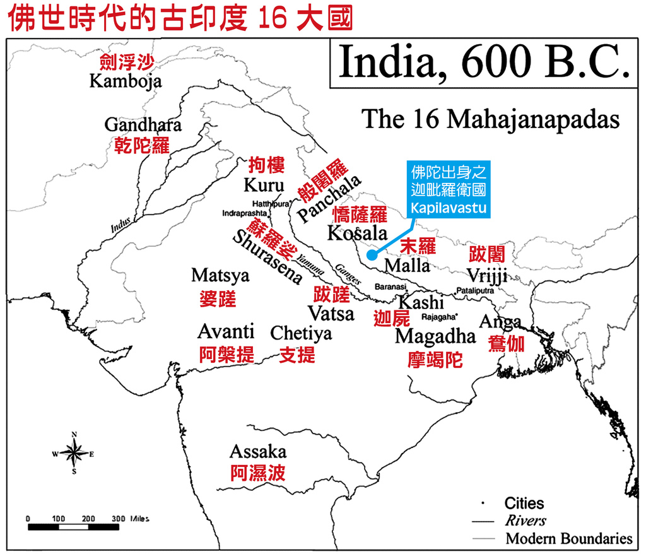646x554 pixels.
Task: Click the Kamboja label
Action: click(x=126, y=81)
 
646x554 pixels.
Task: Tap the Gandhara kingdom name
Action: click(x=143, y=124)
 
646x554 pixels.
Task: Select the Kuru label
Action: click(x=264, y=186)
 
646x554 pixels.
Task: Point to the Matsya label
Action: click(x=220, y=276)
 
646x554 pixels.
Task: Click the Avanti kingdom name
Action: click(x=226, y=332)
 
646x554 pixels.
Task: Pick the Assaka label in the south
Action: click(x=257, y=452)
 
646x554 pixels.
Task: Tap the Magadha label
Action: click(x=435, y=336)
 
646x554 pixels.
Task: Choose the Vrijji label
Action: click(x=488, y=276)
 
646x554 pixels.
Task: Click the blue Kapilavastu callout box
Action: click(x=449, y=189)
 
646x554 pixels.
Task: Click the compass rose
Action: click(x=74, y=452)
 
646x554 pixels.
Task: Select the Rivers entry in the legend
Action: click(x=526, y=521)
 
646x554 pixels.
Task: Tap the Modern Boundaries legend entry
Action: click(x=568, y=538)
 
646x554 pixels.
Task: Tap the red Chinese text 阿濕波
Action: click(x=257, y=473)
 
